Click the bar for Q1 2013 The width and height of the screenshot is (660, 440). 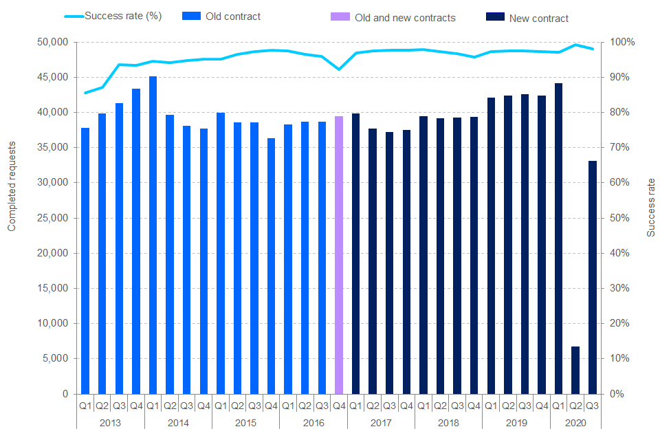click(85, 261)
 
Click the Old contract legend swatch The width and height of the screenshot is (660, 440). click(192, 16)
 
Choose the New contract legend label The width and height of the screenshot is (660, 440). click(539, 19)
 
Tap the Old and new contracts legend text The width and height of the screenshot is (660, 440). click(405, 18)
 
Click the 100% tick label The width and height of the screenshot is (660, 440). click(618, 43)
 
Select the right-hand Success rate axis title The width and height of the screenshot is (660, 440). click(651, 207)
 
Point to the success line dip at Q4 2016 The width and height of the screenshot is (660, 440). click(338, 69)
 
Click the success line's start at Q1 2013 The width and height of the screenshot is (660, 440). click(85, 93)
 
